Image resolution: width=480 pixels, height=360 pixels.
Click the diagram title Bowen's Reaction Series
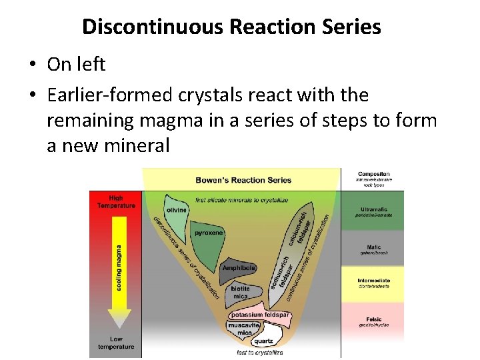pyautogui.click(x=243, y=180)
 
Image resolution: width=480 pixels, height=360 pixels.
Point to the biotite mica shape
pyautogui.click(x=240, y=291)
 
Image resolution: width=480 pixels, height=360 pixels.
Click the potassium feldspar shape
pyautogui.click(x=260, y=315)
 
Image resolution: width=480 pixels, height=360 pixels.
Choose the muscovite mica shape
pyautogui.click(x=243, y=329)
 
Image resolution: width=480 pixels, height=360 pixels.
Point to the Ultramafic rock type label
pyautogui.click(x=373, y=209)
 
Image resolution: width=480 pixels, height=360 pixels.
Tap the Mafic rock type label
pyautogui.click(x=373, y=247)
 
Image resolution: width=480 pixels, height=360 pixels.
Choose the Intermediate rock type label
pyautogui.click(x=373, y=281)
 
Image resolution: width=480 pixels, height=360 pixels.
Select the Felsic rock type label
pyautogui.click(x=373, y=320)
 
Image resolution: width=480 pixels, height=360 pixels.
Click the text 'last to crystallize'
pyautogui.click(x=259, y=352)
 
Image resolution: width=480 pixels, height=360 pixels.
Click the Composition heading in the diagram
pyautogui.click(x=373, y=174)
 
